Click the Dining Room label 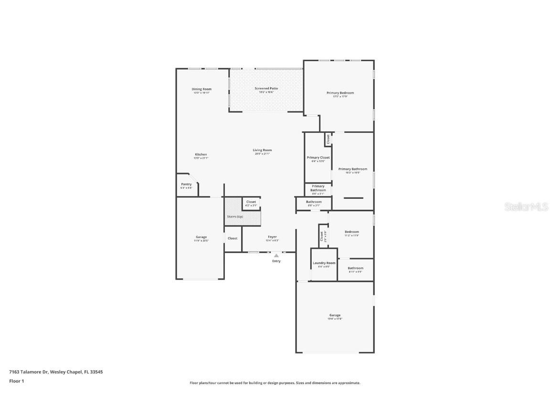pos(201,89)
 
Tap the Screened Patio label pos(266,88)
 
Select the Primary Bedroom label pos(340,93)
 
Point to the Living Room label pos(262,150)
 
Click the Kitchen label pos(201,154)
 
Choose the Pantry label pos(186,184)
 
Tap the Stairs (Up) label pos(234,217)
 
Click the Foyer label pos(272,237)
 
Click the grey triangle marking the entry pos(276,256)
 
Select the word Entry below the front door pos(276,261)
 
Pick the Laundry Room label pos(324,263)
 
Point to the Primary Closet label pos(318,157)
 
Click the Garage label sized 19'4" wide pos(335,315)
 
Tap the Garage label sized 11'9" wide pos(201,237)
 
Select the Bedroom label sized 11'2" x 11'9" pos(351,232)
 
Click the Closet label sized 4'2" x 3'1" pos(251,202)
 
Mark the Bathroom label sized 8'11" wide pos(355,268)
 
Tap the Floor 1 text pos(16,381)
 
